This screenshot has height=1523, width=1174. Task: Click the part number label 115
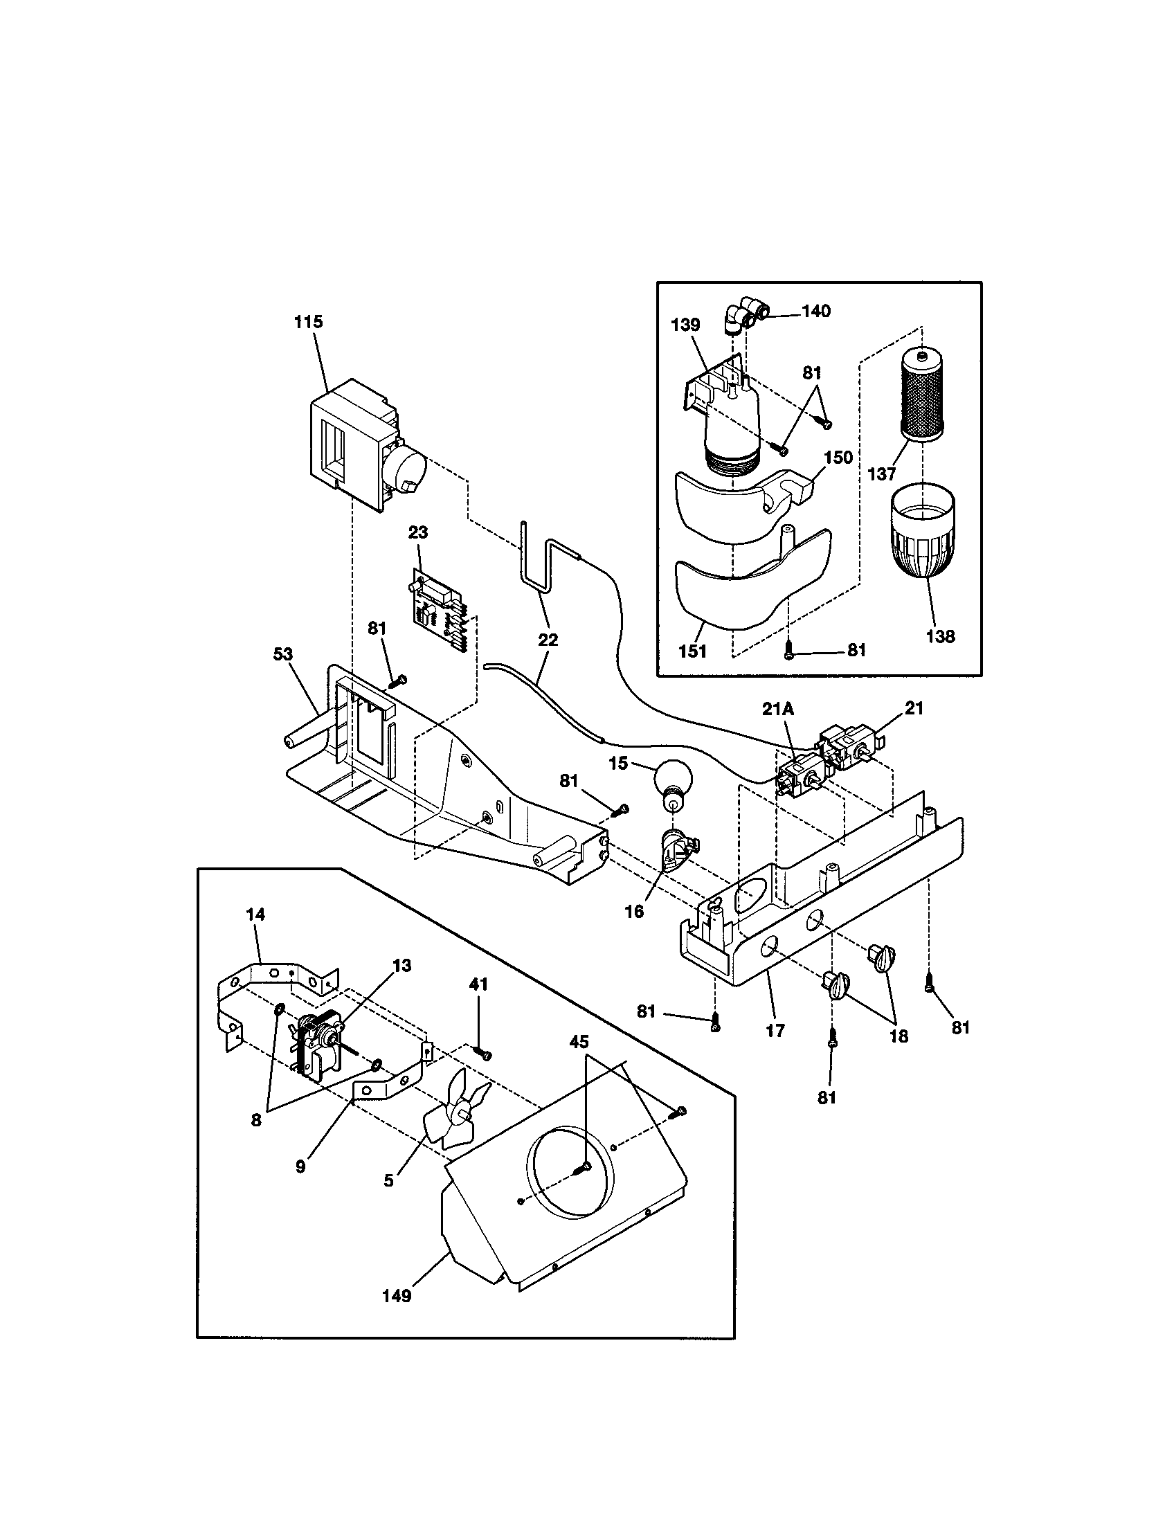[308, 322]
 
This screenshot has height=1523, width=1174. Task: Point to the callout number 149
[397, 1296]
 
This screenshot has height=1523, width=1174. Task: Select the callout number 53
[283, 654]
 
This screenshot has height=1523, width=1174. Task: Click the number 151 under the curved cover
[692, 651]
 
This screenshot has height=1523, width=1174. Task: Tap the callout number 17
[775, 1031]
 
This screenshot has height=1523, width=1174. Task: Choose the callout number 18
[898, 1037]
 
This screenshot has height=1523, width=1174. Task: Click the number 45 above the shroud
[579, 1042]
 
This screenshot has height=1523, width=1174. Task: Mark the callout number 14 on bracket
[256, 914]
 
